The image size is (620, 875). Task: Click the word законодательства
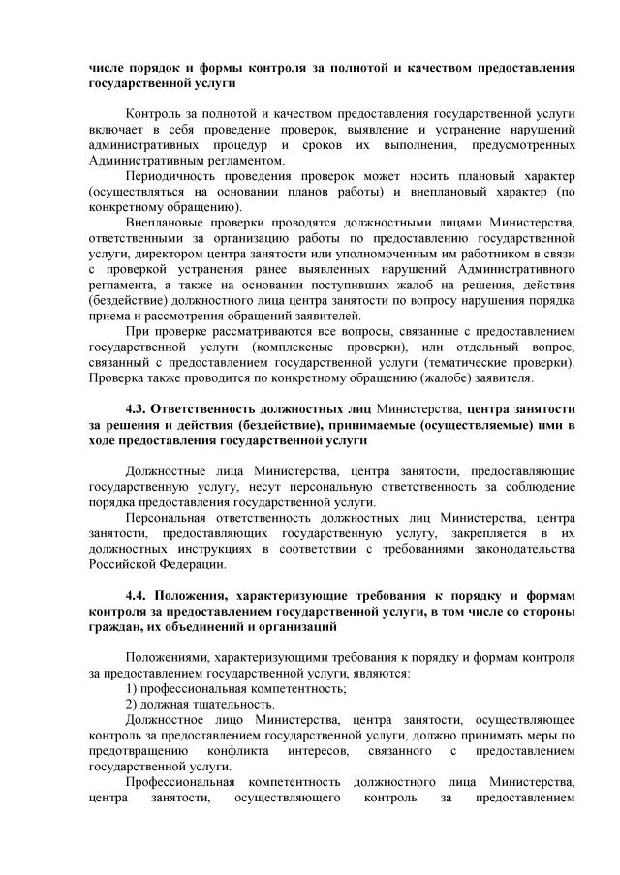coord(521,548)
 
